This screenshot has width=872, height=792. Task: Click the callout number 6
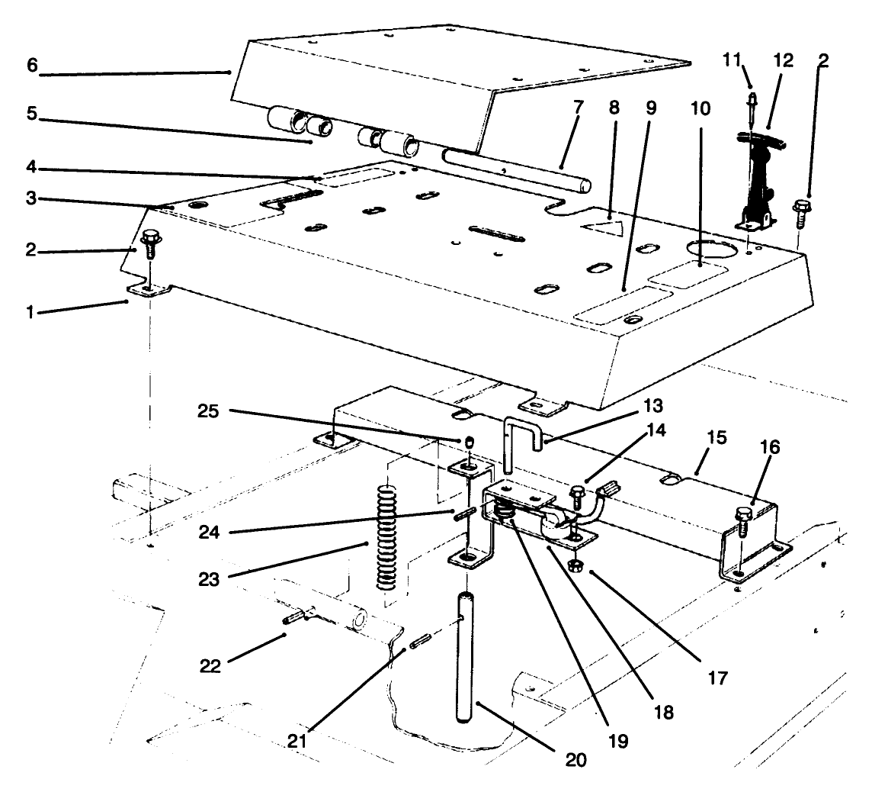pos(32,66)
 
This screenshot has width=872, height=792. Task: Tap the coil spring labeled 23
pos(388,538)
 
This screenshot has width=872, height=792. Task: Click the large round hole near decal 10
pos(710,250)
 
